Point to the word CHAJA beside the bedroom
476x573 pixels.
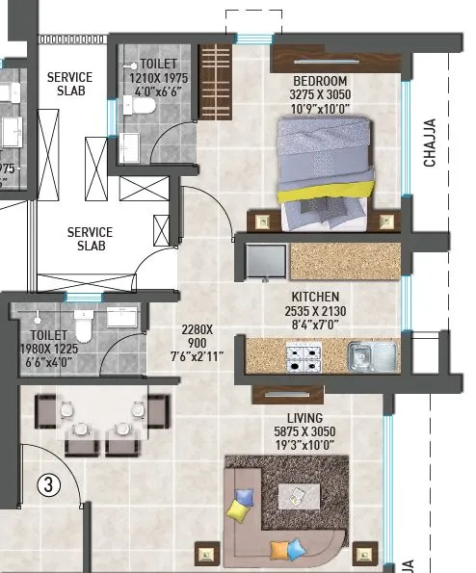[x=431, y=142]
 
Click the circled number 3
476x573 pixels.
[x=45, y=484]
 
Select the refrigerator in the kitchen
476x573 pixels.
[x=264, y=261]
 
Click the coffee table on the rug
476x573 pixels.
[x=300, y=496]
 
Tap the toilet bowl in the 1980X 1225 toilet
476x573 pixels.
[x=82, y=330]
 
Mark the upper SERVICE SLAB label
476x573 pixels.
[x=70, y=85]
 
